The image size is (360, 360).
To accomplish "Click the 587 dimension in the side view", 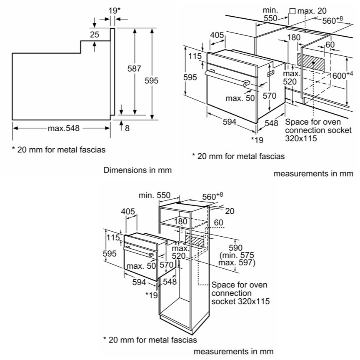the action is pos(134,68).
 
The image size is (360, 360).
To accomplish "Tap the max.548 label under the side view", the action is pos(64,128).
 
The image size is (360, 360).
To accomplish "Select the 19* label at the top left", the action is pos(114,10).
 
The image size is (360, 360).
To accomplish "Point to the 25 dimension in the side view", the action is pos(95,35).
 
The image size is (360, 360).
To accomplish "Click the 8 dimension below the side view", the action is pos(127,128).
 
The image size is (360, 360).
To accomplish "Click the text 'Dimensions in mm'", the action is pos(137,170).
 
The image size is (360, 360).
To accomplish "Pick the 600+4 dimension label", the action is pos(342,75).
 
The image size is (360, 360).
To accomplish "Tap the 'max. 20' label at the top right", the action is pos(312,11).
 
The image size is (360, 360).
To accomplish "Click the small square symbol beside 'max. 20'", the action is pos(292,11).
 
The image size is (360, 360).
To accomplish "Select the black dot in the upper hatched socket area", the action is pos(313,62).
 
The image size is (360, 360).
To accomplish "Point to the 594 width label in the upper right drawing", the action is pos(229,122).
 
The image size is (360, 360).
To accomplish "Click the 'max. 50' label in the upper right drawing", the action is pos(240,98).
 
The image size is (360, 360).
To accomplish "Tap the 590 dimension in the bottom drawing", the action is pos(235,248).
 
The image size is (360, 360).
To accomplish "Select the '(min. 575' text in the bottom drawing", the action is pos(237,255).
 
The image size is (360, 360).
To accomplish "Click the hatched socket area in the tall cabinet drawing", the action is pos(194,240).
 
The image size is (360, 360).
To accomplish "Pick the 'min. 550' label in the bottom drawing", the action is pos(155,195).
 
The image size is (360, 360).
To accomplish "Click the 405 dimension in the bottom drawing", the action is pos(128,211).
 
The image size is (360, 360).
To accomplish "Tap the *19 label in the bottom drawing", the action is pos(152,295).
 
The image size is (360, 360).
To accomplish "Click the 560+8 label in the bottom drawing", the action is pos(212,197).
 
